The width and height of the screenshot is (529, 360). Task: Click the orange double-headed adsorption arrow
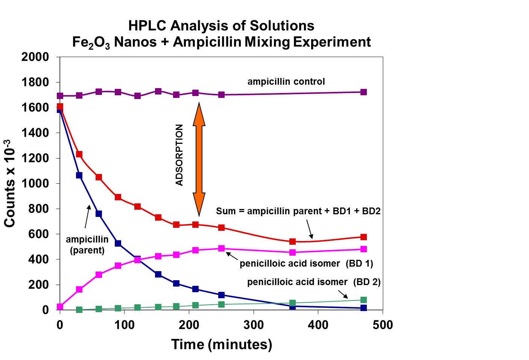(199, 159)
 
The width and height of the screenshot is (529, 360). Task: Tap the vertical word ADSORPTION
(179, 155)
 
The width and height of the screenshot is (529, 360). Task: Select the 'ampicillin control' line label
(286, 82)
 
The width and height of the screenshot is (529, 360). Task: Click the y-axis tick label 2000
(35, 57)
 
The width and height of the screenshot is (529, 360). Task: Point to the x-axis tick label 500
(382, 325)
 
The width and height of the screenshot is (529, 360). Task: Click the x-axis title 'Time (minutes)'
(222, 344)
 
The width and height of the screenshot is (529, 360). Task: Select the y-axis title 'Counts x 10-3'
(10, 183)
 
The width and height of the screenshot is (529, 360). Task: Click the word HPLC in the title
(147, 26)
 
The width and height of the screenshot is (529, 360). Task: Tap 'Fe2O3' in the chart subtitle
(91, 42)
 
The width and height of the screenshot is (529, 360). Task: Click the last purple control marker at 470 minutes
(363, 92)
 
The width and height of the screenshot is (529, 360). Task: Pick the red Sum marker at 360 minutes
(292, 241)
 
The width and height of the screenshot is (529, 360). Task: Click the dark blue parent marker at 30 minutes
(79, 175)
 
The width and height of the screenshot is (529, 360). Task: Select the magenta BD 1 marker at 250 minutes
(222, 249)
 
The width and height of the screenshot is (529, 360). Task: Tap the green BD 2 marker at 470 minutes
(363, 300)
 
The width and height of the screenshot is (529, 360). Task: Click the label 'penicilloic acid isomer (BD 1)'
(306, 264)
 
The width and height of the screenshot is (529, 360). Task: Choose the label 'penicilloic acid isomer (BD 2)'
(314, 282)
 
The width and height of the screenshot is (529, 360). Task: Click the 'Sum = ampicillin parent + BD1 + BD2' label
(298, 211)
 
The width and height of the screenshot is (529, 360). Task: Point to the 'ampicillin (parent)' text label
(87, 245)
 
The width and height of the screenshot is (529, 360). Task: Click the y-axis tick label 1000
(35, 183)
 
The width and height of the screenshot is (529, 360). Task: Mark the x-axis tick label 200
(189, 325)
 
